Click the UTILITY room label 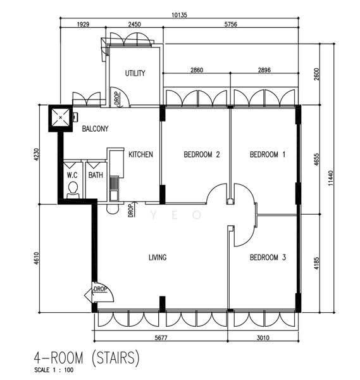(135, 73)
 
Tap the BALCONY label (95, 129)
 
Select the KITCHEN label (140, 155)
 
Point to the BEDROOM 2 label (202, 155)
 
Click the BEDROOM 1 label (268, 155)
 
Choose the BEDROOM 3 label (268, 257)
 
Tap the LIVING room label (158, 257)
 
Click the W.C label (72, 175)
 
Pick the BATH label (96, 175)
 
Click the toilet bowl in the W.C (73, 190)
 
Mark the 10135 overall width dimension (180, 15)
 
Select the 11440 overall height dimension (331, 178)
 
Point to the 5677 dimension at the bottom (161, 338)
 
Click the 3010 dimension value (263, 338)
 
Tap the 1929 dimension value (83, 24)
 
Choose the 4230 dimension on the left (36, 155)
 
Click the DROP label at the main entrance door (100, 289)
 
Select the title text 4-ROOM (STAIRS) (87, 357)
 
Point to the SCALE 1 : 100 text (54, 370)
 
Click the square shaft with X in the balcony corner (60, 118)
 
